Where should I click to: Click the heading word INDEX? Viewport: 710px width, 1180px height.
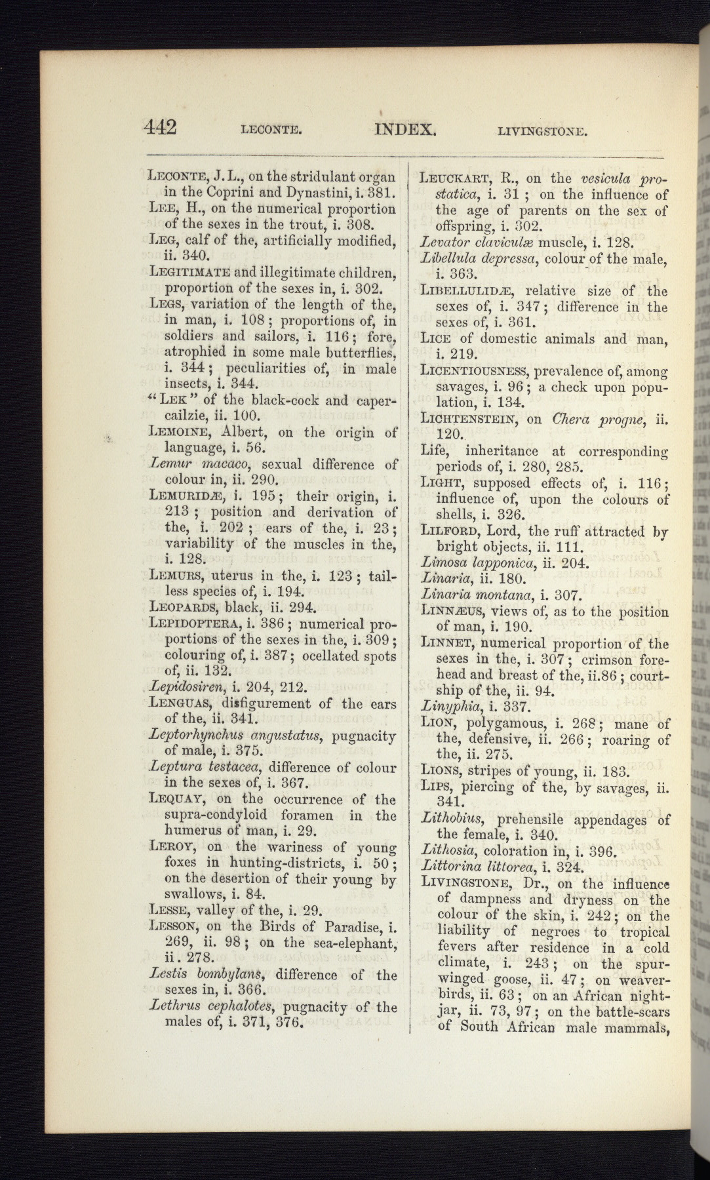[x=405, y=128]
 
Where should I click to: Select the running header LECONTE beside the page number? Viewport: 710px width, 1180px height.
[x=271, y=130]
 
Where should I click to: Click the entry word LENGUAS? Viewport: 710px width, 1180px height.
[x=180, y=704]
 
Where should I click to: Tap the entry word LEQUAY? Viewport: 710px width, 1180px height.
[x=175, y=799]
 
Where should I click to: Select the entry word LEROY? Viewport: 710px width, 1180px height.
[x=169, y=847]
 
